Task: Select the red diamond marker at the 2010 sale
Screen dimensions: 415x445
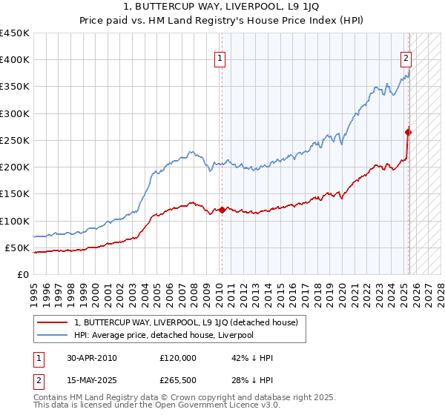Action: [222, 210]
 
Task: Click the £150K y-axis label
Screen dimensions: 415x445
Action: [15, 194]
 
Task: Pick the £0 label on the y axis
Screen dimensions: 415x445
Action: [22, 275]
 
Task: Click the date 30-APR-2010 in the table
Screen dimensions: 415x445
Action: [92, 357]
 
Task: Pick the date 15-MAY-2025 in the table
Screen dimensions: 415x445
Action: [93, 380]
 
